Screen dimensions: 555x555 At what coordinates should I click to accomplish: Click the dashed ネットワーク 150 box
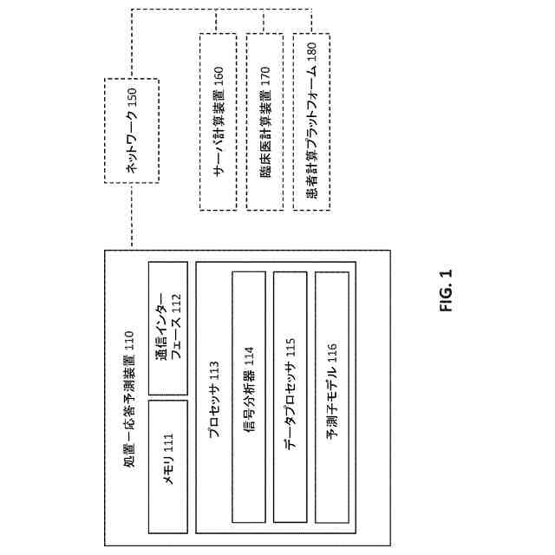click(x=132, y=129)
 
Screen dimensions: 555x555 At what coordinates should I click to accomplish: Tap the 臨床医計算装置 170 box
click(x=265, y=122)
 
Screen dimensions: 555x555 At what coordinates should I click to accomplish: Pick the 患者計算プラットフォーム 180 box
click(x=311, y=122)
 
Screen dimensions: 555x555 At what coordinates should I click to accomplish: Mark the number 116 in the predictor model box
click(x=332, y=354)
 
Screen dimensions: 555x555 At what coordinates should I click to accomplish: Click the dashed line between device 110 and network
click(x=132, y=217)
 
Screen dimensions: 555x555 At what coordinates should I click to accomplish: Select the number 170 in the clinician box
click(x=265, y=76)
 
